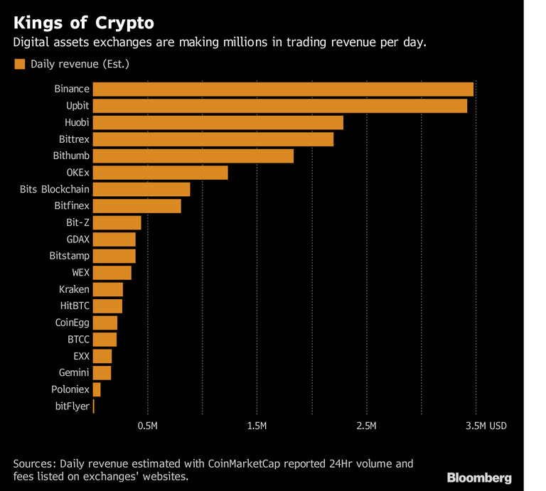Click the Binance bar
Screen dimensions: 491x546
point(283,89)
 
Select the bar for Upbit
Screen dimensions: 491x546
point(280,106)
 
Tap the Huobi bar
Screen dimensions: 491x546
point(218,122)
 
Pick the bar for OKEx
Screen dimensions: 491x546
point(161,173)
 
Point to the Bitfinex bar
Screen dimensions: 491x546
point(137,206)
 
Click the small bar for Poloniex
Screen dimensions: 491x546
point(97,389)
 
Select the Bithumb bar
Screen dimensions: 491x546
point(193,156)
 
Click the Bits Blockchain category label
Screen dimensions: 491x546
point(55,189)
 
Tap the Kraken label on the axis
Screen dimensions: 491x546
point(74,289)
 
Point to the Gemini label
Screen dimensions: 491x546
point(74,372)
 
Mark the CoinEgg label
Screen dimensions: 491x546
point(72,323)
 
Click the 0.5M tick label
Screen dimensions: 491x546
point(147,426)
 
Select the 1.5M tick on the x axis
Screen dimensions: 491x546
point(257,426)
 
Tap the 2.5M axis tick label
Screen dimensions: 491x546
point(366,426)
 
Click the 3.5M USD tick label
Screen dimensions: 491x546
point(486,426)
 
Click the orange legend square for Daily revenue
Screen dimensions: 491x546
point(19,64)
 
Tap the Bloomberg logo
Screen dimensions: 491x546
point(478,477)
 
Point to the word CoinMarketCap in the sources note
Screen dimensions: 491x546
point(242,464)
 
